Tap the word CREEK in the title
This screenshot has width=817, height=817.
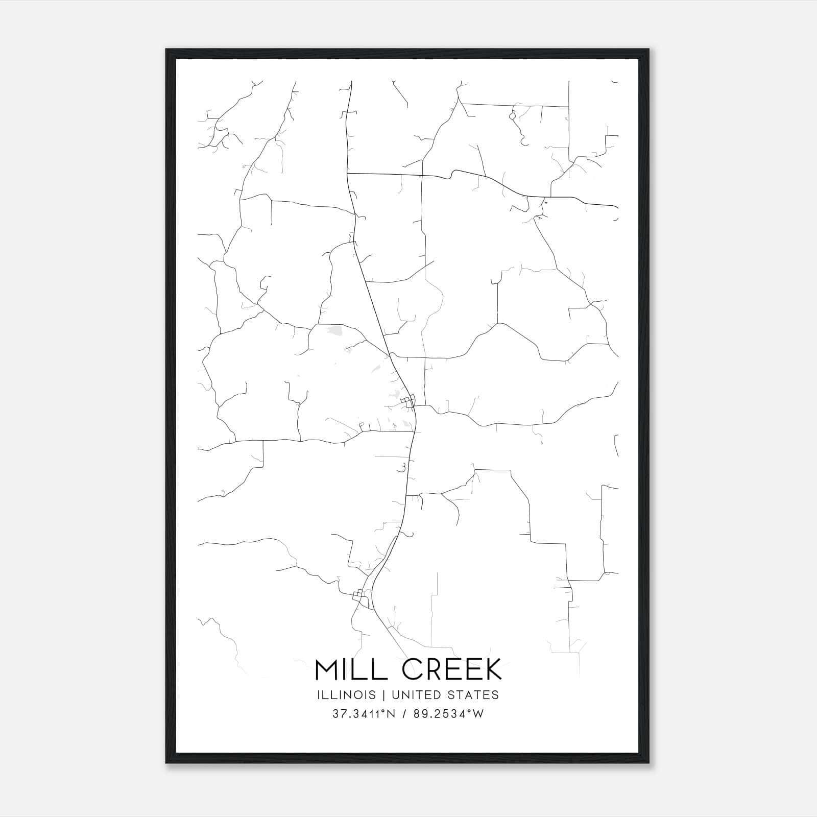click(452, 670)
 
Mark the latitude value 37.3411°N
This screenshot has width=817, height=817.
click(364, 714)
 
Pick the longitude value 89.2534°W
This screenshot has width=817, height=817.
click(449, 714)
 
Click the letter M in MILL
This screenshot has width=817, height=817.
click(326, 670)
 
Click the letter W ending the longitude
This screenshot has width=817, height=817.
click(478, 714)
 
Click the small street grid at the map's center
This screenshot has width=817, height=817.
click(408, 401)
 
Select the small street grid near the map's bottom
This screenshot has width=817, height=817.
click(359, 594)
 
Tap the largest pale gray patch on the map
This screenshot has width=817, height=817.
click(335, 330)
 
